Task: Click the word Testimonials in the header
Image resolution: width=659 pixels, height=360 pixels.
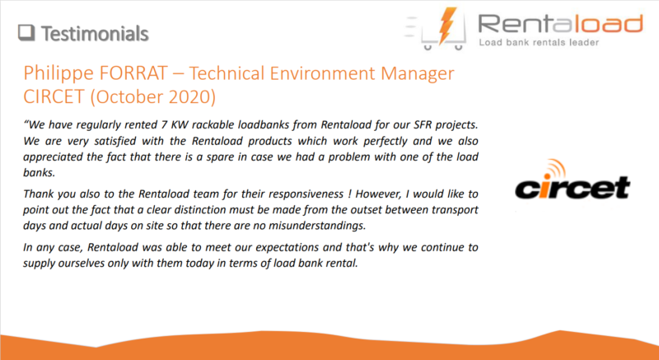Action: point(95,34)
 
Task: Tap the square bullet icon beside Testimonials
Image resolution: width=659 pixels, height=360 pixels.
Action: point(26,33)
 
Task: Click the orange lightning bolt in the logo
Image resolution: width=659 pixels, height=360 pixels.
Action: point(447,26)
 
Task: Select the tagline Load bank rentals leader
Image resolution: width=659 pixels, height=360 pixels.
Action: point(539,43)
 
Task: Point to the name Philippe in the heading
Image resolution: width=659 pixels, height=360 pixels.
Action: point(58,73)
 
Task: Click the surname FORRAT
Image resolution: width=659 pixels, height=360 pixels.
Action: point(133,73)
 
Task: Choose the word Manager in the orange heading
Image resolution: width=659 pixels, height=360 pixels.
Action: point(418,74)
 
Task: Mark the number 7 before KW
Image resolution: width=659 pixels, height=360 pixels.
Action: point(164,124)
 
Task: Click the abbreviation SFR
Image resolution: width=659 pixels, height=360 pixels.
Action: point(429,124)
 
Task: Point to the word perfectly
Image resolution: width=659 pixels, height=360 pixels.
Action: point(386,142)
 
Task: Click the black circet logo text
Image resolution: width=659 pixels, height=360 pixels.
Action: point(573,187)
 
